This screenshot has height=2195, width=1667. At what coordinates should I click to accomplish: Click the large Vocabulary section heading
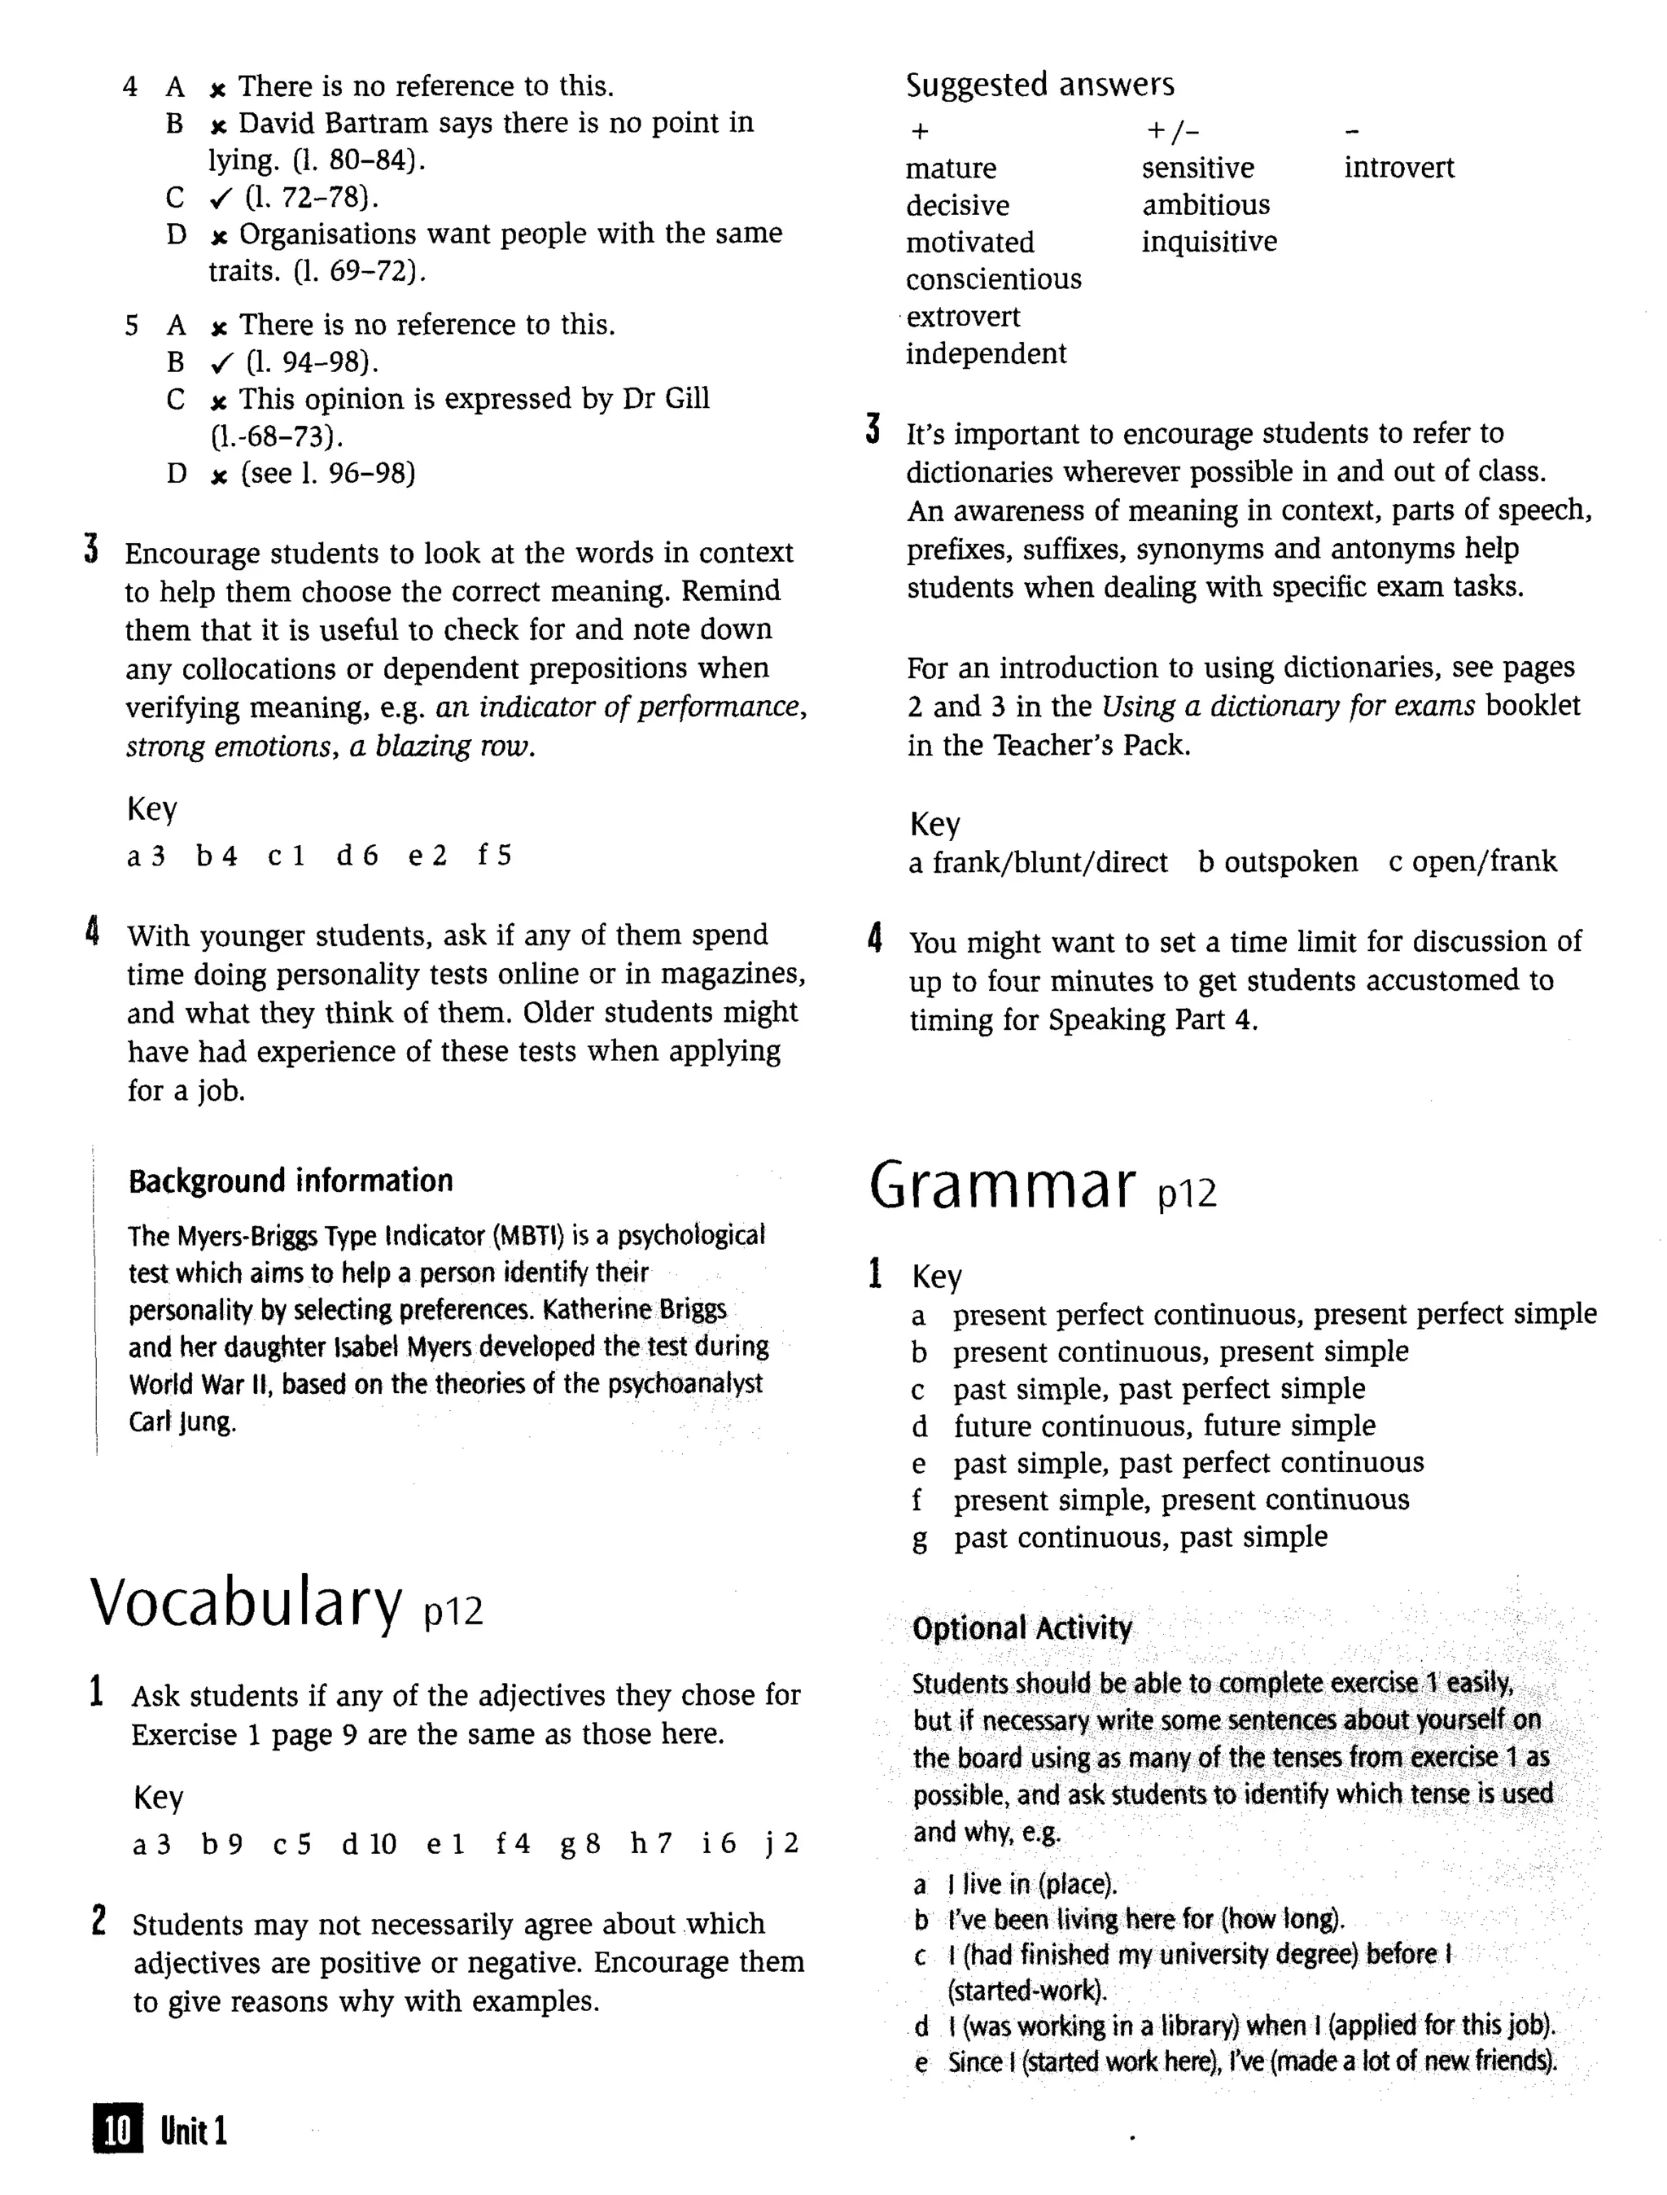tap(247, 1604)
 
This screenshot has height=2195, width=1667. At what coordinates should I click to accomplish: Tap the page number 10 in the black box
tap(118, 2130)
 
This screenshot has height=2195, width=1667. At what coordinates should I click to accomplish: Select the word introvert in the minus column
tap(1398, 168)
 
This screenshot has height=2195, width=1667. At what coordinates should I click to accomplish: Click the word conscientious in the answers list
tap(993, 280)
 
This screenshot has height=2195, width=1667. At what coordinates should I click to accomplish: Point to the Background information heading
tap(291, 1181)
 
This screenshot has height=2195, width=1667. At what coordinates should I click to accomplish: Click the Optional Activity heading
tap(1022, 1628)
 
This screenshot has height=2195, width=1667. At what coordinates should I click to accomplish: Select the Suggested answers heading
tap(1039, 85)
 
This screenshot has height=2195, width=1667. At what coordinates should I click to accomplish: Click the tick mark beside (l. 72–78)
tap(221, 199)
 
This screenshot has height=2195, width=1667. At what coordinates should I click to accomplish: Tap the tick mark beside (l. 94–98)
tap(221, 363)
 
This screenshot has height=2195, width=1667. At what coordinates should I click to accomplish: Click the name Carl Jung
tap(182, 1422)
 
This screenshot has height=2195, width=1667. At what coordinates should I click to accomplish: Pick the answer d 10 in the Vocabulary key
tap(369, 1844)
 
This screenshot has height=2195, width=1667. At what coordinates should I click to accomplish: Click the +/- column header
tap(1173, 130)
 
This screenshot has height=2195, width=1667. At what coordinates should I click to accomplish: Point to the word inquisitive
tap(1209, 242)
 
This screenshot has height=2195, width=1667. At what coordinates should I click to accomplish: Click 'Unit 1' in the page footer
tap(195, 2130)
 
